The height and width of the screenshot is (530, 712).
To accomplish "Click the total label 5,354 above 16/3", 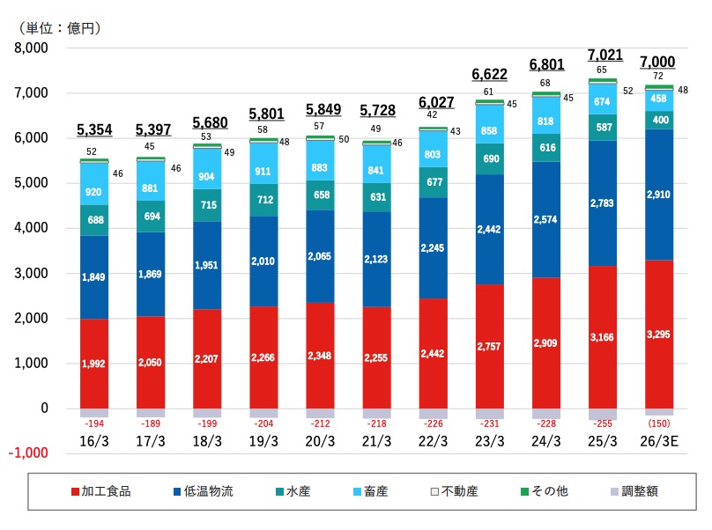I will coord(94,130).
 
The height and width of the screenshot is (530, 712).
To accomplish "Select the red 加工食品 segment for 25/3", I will coord(602,337).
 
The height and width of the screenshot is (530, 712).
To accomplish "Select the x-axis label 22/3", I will coord(433,439).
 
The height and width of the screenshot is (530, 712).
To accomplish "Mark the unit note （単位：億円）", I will coord(58,27).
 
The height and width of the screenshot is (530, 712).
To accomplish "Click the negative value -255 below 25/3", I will coord(602,423).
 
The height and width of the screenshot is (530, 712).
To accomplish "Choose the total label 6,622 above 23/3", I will coord(489,74).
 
